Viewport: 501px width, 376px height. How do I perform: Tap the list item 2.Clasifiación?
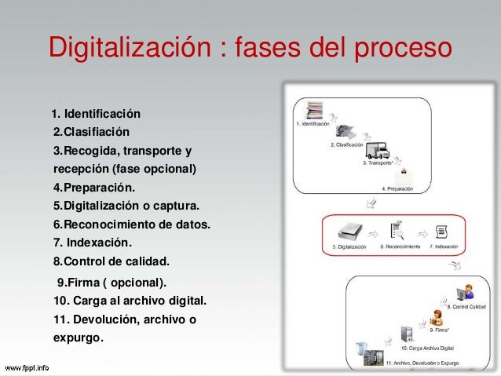tap(91, 130)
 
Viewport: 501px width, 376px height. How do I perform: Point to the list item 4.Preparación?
tap(93, 188)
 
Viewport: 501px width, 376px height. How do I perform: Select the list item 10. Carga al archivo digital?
tap(130, 301)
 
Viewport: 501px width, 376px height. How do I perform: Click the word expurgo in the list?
tap(76, 338)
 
